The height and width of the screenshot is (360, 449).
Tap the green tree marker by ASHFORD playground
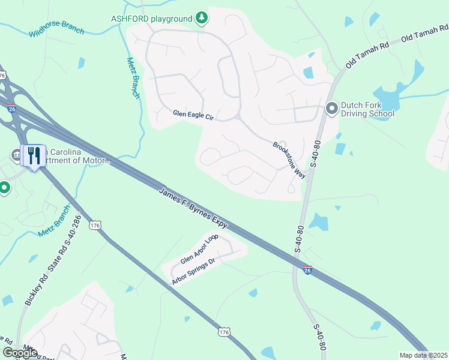click(x=202, y=19)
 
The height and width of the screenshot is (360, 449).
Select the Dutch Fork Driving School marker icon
click(x=331, y=109)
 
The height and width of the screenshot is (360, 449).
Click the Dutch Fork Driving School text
click(x=367, y=109)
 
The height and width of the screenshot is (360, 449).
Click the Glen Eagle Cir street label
click(x=193, y=113)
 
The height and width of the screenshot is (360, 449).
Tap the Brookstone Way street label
click(x=289, y=160)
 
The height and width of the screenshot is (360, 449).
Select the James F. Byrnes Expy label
click(x=193, y=208)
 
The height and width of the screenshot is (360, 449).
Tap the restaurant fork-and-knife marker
click(x=33, y=157)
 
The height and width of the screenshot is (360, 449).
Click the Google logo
click(x=20, y=353)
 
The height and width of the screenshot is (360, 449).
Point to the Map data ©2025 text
click(x=423, y=355)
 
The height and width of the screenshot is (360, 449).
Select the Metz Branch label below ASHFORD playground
click(x=134, y=79)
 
